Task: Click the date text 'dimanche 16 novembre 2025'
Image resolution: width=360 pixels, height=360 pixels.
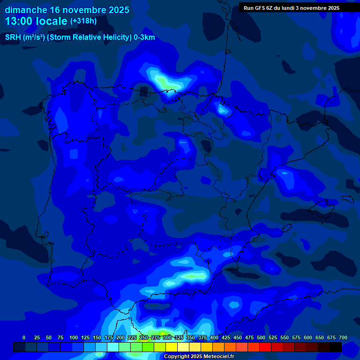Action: [x=67, y=10]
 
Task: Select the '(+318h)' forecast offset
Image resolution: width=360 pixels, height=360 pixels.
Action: [x=83, y=21]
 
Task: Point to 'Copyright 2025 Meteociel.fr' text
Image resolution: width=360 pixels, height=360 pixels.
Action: [x=199, y=357]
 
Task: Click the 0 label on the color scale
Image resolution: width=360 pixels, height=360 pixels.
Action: [x=24, y=337]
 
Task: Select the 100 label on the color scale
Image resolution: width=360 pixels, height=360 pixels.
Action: [x=74, y=337]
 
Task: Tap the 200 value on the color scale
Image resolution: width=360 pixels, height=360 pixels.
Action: [x=120, y=337]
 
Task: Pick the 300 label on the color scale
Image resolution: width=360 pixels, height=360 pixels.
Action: [x=167, y=337]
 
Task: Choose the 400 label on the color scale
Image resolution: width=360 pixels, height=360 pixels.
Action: [x=214, y=337]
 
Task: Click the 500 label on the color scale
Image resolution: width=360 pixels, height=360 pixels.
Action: [x=261, y=337]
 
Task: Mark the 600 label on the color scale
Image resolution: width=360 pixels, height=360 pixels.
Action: [x=308, y=337]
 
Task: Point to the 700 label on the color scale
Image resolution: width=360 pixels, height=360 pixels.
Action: [x=343, y=337]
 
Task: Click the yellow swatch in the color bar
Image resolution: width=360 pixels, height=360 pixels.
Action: [x=172, y=347]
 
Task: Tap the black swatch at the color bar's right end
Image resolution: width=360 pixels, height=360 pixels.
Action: [x=336, y=347]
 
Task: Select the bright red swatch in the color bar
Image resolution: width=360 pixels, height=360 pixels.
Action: [x=265, y=347]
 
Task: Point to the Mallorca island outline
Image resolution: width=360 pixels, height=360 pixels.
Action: [x=323, y=204]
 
